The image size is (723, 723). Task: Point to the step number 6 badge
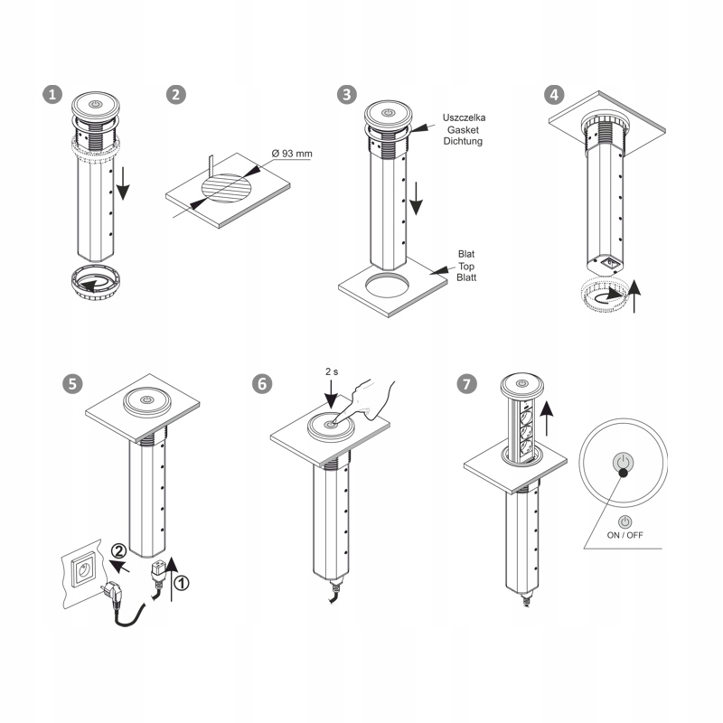(262, 382)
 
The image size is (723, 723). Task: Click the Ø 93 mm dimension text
(291, 154)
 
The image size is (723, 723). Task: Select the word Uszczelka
(464, 117)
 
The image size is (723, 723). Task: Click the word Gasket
(464, 129)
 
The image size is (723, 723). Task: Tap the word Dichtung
(464, 142)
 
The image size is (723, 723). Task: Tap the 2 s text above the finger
(332, 371)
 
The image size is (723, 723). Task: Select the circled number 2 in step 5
(118, 550)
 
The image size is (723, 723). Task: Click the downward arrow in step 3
(415, 197)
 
